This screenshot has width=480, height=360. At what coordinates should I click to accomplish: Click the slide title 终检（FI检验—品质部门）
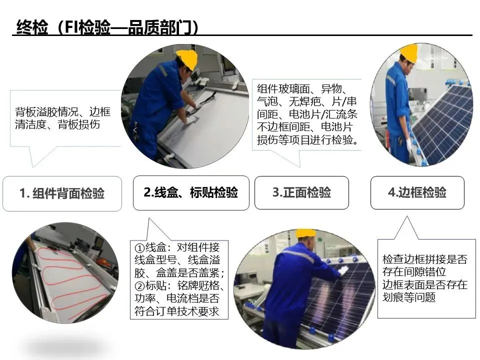107,27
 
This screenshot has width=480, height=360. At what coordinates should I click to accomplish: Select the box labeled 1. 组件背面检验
62,193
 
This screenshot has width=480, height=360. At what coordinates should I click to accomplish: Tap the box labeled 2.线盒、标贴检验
191,192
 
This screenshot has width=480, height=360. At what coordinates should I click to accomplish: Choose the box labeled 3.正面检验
301,192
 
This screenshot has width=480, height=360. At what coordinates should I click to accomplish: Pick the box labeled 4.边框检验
417,192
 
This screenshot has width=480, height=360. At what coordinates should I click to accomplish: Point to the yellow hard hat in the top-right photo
409,53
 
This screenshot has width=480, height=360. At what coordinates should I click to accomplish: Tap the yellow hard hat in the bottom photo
305,233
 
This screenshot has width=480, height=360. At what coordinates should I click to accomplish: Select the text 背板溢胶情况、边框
63,112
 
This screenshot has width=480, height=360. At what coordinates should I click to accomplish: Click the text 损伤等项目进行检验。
307,140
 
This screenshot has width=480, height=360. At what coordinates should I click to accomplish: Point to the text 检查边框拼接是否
425,259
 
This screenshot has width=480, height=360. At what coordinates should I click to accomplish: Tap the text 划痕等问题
409,297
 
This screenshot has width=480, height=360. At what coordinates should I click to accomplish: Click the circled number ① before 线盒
139,247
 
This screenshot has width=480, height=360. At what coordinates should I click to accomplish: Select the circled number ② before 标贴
139,285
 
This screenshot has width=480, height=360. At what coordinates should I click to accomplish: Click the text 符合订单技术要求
177,311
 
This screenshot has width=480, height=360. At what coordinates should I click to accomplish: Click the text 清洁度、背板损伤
57,124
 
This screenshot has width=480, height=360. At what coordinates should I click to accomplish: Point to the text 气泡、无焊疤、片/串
306,101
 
